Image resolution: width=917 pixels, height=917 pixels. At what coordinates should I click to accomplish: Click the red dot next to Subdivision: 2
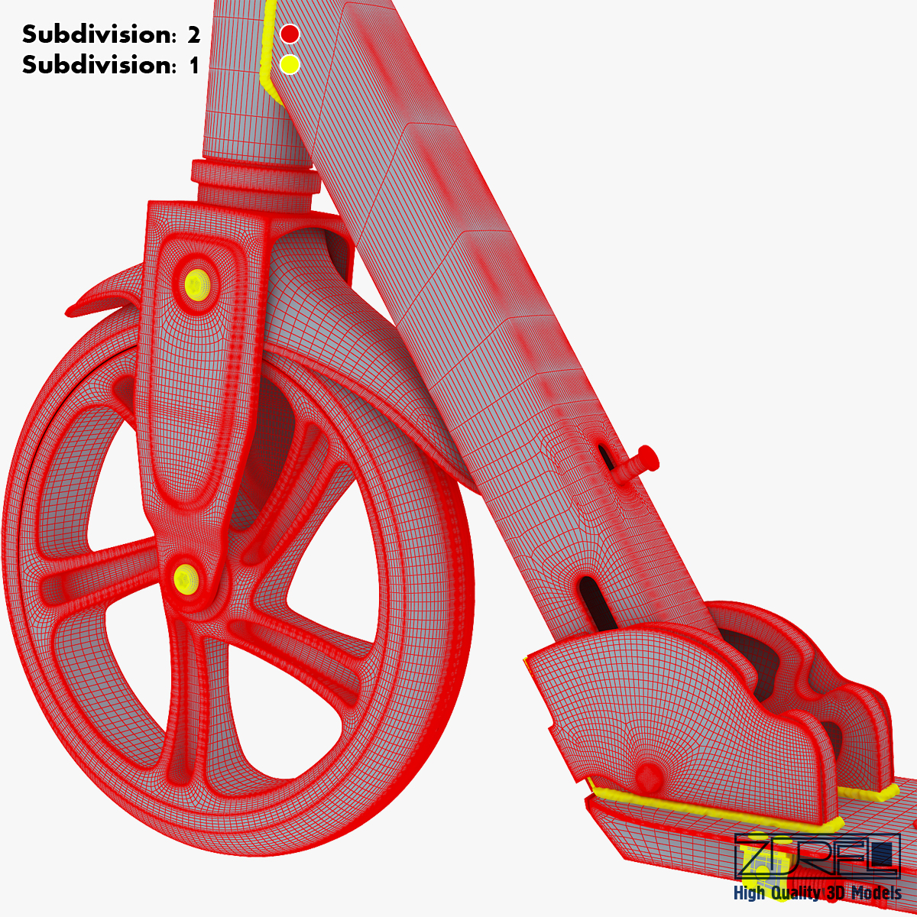point(290,34)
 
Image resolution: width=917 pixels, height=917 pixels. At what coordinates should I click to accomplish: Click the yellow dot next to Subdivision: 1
point(290,64)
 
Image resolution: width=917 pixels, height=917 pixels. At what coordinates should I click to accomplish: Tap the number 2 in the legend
point(193,34)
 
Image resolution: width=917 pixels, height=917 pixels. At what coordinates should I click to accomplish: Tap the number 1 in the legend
point(194,65)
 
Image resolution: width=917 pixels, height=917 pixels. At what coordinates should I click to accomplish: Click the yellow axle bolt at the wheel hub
point(186,578)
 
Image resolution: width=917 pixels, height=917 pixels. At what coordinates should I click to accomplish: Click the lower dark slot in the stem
point(598,604)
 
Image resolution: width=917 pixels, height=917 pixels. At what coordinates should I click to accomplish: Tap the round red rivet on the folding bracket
point(648,773)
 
